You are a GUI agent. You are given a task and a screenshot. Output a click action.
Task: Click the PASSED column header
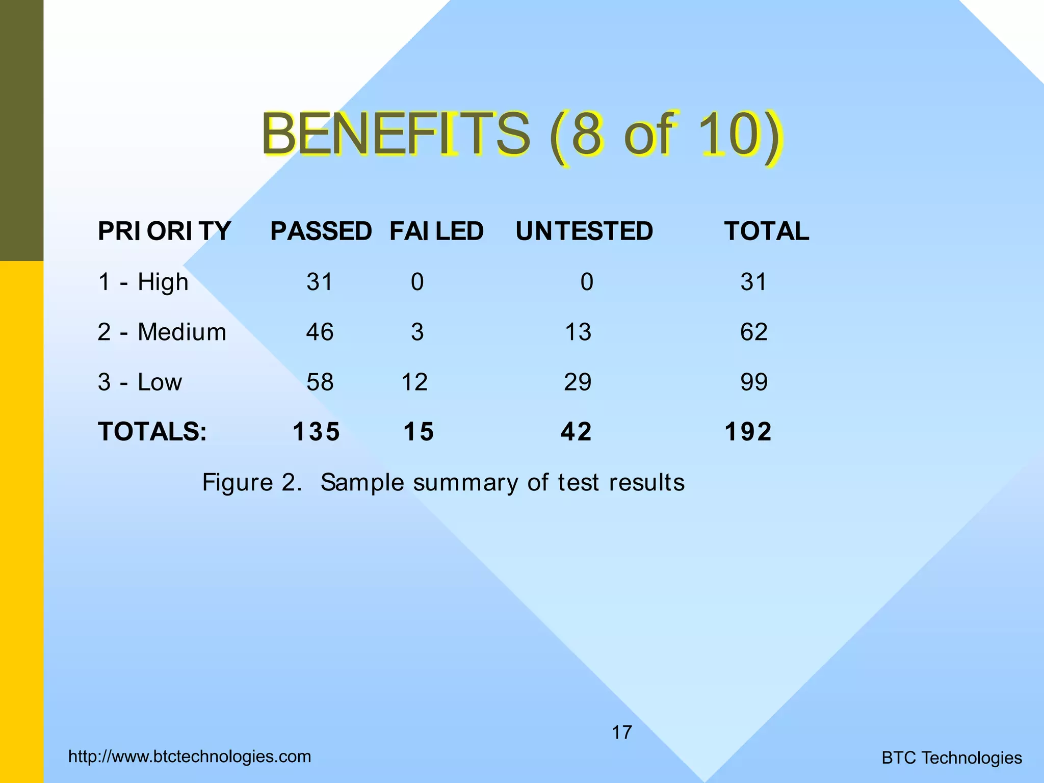pyautogui.click(x=321, y=231)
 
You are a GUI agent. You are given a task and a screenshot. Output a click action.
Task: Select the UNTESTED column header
pyautogui.click(x=584, y=231)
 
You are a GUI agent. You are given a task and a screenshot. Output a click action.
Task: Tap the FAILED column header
pyautogui.click(x=436, y=231)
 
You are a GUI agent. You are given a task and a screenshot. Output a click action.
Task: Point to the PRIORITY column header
pyautogui.click(x=164, y=231)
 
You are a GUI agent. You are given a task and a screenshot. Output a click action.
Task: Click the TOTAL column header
pyautogui.click(x=766, y=231)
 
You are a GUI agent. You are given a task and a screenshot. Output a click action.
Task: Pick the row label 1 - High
pyautogui.click(x=143, y=282)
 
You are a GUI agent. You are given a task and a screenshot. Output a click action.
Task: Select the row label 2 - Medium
pyautogui.click(x=162, y=332)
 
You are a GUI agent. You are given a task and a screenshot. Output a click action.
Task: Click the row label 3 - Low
pyautogui.click(x=139, y=382)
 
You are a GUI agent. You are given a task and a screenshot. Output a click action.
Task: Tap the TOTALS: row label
pyautogui.click(x=152, y=432)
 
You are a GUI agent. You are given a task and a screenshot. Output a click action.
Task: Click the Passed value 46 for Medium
pyautogui.click(x=320, y=332)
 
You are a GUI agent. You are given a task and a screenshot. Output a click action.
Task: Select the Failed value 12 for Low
pyautogui.click(x=414, y=382)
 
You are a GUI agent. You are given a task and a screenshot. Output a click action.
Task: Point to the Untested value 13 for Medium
pyautogui.click(x=578, y=332)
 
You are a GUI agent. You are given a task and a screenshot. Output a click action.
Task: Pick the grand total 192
pyautogui.click(x=748, y=432)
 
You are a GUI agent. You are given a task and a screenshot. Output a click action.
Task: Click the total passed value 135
pyautogui.click(x=316, y=432)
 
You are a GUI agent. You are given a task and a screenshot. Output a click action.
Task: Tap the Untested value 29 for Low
pyautogui.click(x=578, y=382)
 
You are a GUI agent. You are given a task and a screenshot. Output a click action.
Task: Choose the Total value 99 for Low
pyautogui.click(x=753, y=382)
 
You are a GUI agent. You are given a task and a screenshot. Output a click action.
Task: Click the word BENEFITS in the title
pyautogui.click(x=396, y=134)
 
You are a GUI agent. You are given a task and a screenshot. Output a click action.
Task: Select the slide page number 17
pyautogui.click(x=621, y=733)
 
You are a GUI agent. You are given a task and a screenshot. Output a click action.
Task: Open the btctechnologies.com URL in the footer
pyautogui.click(x=190, y=756)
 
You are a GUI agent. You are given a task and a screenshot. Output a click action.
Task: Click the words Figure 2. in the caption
pyautogui.click(x=252, y=482)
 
